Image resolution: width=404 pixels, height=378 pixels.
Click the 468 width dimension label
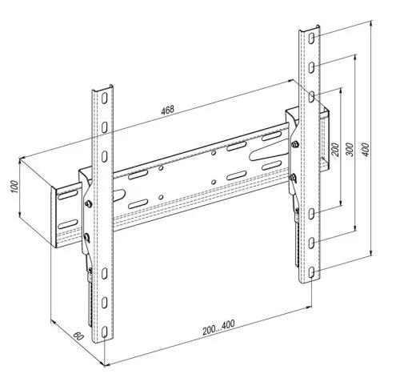point(168,110)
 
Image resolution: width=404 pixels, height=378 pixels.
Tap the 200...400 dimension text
point(218,328)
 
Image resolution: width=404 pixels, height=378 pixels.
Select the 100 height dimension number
point(14,187)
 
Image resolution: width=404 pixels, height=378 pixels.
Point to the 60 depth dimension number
point(78,336)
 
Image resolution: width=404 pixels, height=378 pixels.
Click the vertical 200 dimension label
point(335,150)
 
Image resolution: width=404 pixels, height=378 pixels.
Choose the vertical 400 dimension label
point(366,150)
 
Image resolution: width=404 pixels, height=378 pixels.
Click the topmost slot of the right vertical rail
point(311,38)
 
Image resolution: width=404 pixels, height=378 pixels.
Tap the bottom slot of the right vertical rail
point(311,272)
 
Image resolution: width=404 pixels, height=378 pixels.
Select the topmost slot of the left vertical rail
point(105,98)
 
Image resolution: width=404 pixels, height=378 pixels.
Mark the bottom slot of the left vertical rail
point(105,332)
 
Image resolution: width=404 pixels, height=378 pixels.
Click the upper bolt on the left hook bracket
point(88,203)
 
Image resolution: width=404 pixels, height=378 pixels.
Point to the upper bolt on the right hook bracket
point(294,144)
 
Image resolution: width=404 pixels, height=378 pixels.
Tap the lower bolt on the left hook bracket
point(87,236)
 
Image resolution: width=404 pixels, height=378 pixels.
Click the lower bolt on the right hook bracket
point(293,177)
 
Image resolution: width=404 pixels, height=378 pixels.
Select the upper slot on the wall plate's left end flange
point(67,195)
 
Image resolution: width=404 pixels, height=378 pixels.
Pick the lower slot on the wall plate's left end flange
point(67,224)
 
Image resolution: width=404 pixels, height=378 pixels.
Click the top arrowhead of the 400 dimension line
point(370,24)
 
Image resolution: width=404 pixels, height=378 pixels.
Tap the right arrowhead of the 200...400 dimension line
point(310,308)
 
